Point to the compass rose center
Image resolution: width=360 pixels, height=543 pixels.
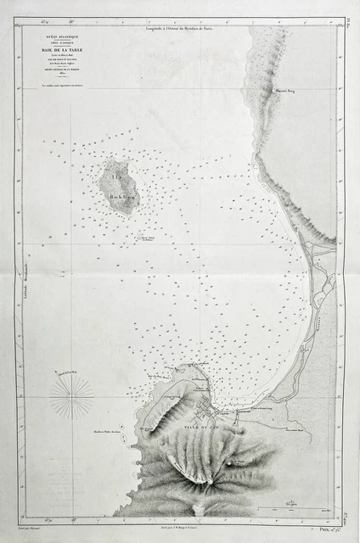[71, 395]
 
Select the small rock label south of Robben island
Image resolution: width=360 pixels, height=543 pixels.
[149, 239]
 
